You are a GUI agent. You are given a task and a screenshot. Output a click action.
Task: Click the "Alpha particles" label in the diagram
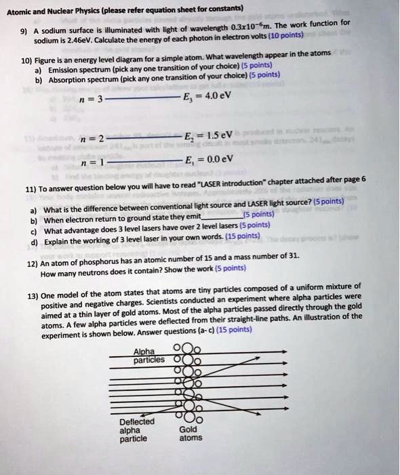point(145,355)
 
